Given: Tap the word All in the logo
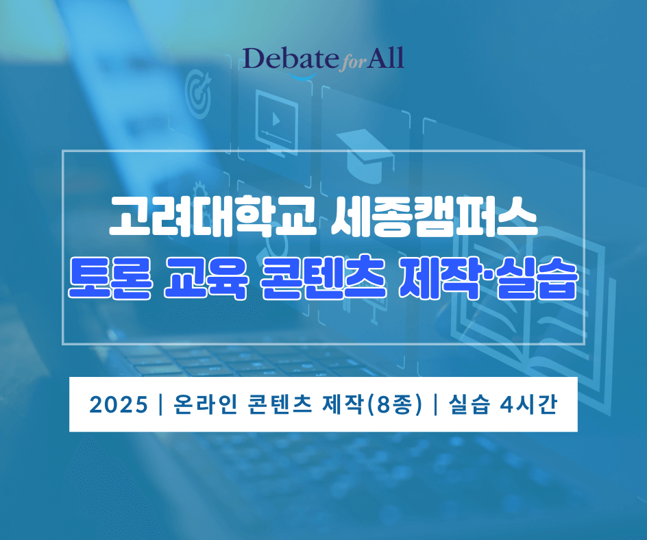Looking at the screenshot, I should pos(383,60).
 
